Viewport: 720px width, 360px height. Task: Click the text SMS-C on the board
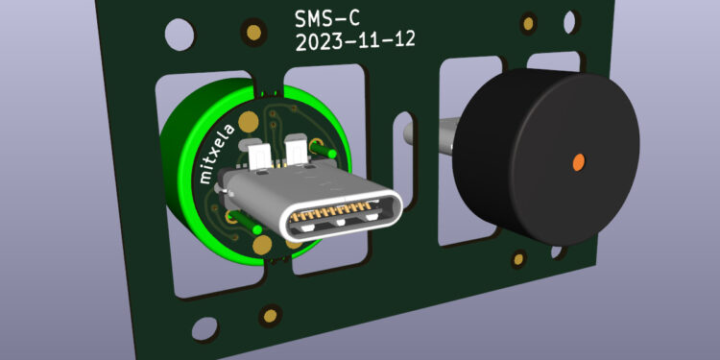click(x=327, y=19)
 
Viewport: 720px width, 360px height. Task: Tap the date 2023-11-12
click(x=356, y=41)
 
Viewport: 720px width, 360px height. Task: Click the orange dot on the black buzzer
click(x=579, y=161)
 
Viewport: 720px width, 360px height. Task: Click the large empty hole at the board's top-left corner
click(x=180, y=35)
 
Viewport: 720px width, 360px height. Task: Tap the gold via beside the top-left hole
click(x=254, y=32)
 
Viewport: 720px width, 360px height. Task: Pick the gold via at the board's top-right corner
click(x=529, y=23)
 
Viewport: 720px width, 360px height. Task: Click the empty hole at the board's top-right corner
click(x=569, y=21)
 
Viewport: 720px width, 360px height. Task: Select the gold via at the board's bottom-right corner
click(x=518, y=259)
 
